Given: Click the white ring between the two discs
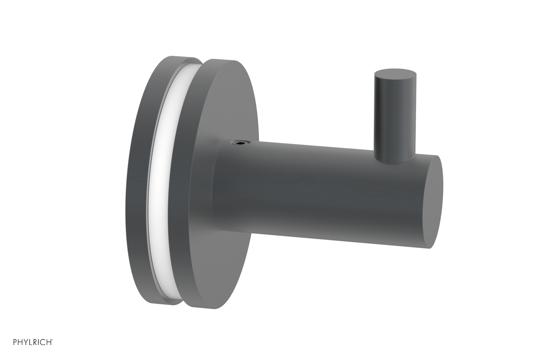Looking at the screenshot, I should pyautogui.click(x=163, y=181).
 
